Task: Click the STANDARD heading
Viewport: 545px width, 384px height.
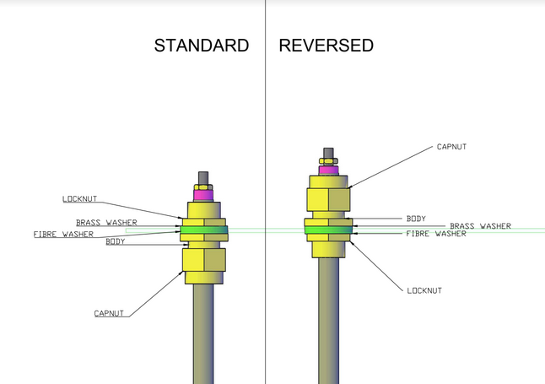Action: [201, 46]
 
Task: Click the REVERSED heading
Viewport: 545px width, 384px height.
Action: [326, 46]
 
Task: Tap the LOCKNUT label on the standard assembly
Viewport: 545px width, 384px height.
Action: [80, 199]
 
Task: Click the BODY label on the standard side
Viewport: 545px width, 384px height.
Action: [116, 242]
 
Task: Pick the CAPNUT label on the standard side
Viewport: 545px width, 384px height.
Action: [111, 313]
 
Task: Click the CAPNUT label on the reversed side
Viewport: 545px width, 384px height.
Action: [451, 146]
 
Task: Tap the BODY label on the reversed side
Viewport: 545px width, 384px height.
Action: [417, 218]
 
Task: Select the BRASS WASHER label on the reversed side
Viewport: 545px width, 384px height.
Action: [480, 225]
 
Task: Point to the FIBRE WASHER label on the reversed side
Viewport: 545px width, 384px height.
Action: [436, 234]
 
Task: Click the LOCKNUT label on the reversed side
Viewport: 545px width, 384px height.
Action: [424, 289]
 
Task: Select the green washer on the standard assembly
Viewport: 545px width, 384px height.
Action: [203, 230]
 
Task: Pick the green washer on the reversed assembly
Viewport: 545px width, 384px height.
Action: [329, 229]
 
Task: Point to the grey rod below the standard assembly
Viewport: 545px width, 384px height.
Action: [204, 333]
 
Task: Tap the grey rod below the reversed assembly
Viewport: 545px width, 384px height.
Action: [329, 321]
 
